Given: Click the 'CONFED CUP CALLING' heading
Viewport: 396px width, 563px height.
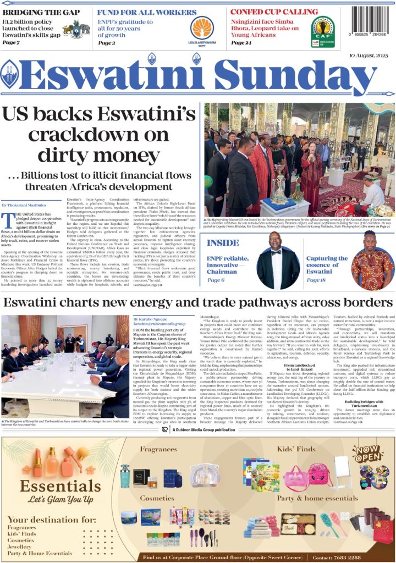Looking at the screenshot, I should pos(266,12).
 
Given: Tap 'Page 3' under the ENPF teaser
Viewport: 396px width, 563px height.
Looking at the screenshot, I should pos(106,42).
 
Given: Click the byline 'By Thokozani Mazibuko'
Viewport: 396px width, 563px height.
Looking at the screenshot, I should pos(24,205).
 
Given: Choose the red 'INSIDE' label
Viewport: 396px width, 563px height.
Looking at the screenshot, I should pos(223,242).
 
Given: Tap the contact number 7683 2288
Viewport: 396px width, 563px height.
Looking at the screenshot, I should pos(362,557).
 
